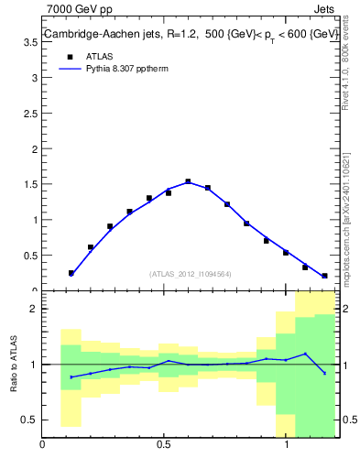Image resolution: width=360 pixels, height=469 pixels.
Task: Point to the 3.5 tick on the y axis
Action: point(31,42)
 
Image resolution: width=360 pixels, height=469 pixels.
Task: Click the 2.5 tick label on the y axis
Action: point(31,114)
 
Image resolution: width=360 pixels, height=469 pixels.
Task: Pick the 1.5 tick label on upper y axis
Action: point(31,184)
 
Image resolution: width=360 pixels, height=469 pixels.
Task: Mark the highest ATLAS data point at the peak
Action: point(188,181)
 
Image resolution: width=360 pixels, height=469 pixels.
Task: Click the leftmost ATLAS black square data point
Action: point(71,273)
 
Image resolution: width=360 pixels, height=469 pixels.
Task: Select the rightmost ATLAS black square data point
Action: point(324,275)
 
